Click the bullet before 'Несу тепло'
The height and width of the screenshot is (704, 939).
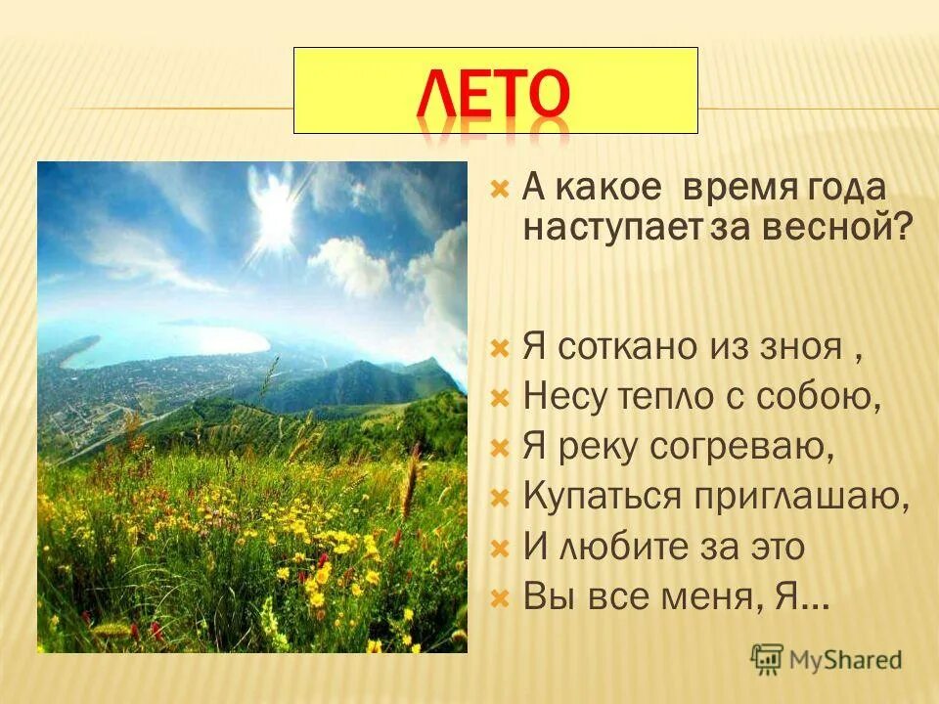[500, 399]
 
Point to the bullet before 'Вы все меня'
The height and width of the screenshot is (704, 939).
[500, 597]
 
